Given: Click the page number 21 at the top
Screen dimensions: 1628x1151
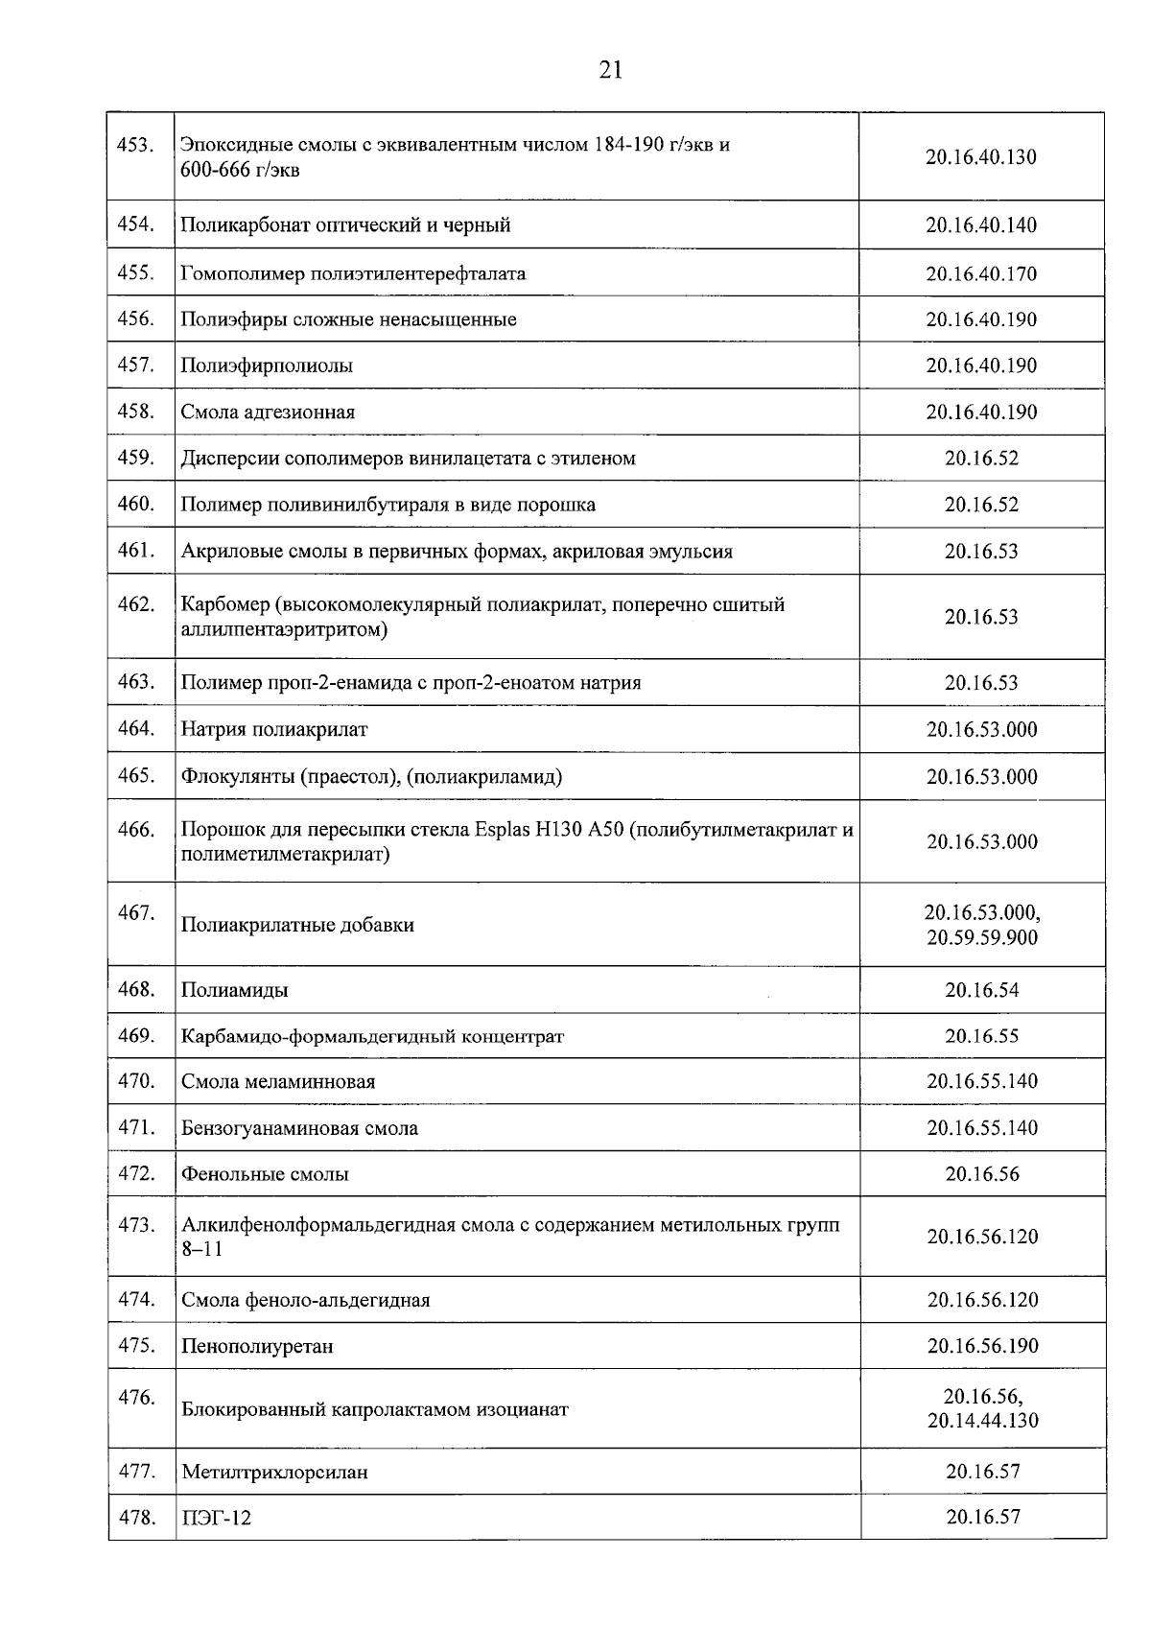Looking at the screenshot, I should point(611,70).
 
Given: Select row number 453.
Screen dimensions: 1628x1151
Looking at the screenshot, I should point(135,146).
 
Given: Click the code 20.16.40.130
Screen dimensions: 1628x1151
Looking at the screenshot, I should point(980,157).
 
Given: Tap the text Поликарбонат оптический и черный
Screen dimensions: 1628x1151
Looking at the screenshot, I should point(345,225).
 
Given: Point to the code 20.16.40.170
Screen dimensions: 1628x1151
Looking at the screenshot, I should point(980,273).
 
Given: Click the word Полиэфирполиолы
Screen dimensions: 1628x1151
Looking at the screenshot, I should point(267,366).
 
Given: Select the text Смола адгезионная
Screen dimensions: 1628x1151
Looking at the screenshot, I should point(268,413).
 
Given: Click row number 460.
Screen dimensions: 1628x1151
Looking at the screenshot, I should point(135,504).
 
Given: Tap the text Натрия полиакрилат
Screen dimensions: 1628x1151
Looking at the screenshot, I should point(274,729).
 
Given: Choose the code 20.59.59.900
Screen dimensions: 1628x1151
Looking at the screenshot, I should point(981,937).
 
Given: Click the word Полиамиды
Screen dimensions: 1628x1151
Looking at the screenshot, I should point(235,990).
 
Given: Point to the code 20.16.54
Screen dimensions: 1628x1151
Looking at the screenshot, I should point(981,990).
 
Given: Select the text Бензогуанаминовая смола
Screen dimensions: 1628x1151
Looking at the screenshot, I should point(299,1128).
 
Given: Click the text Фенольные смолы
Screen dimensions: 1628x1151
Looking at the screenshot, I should point(265,1174).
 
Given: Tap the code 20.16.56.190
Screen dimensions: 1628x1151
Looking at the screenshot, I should point(982,1346).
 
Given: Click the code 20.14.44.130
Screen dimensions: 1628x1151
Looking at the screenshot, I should point(982,1421).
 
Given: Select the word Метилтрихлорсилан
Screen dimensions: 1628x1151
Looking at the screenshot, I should point(274,1472).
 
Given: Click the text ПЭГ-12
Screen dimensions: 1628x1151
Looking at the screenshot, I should point(216,1519).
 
